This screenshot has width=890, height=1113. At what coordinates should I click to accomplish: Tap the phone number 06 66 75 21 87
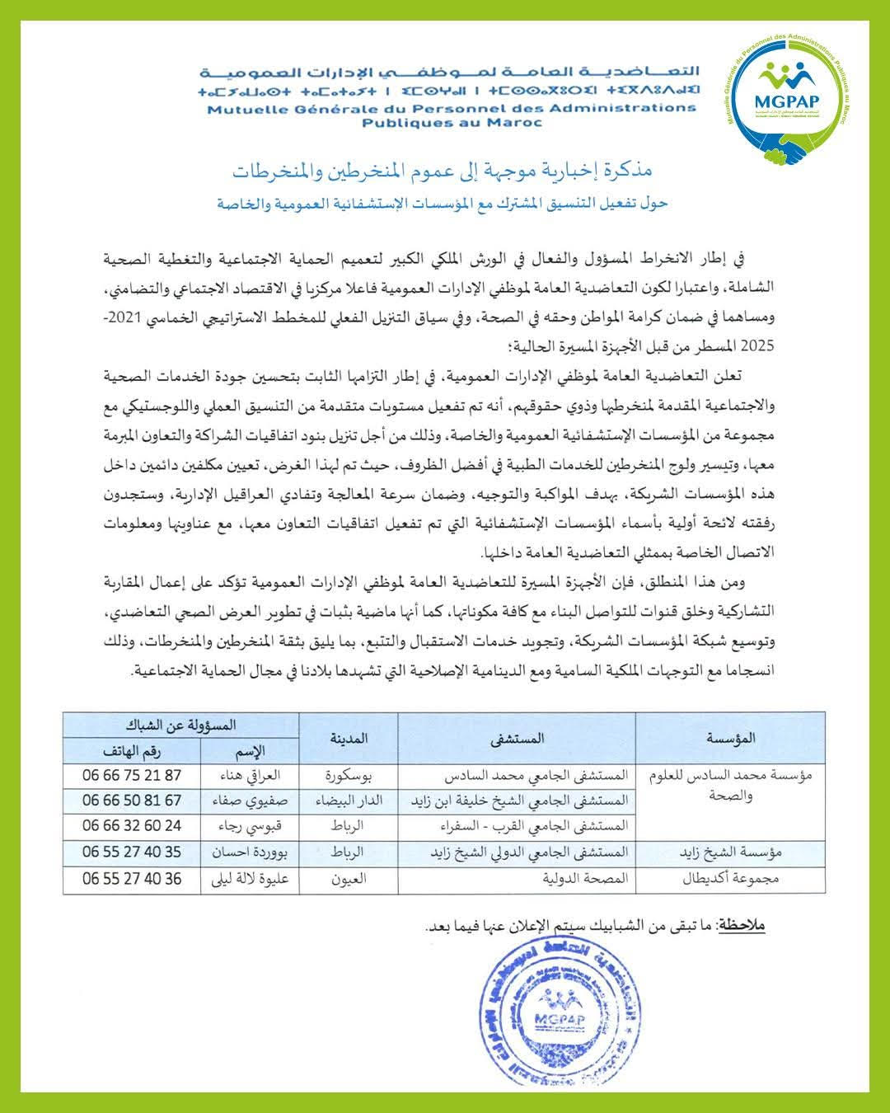pyautogui.click(x=132, y=776)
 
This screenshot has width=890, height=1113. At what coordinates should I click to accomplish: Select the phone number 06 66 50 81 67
pyautogui.click(x=132, y=801)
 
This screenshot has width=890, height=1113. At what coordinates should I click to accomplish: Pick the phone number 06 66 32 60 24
pyautogui.click(x=132, y=825)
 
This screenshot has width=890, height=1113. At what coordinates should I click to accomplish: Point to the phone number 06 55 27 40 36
pyautogui.click(x=132, y=879)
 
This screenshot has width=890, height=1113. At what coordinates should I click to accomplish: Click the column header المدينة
pyautogui.click(x=349, y=738)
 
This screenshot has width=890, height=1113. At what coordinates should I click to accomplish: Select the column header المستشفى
pyautogui.click(x=518, y=739)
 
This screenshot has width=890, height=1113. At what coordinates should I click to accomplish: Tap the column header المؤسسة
pyautogui.click(x=730, y=739)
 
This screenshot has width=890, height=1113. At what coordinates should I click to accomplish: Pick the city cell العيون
pyautogui.click(x=348, y=879)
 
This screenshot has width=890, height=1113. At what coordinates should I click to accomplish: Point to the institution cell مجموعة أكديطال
pyautogui.click(x=731, y=879)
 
